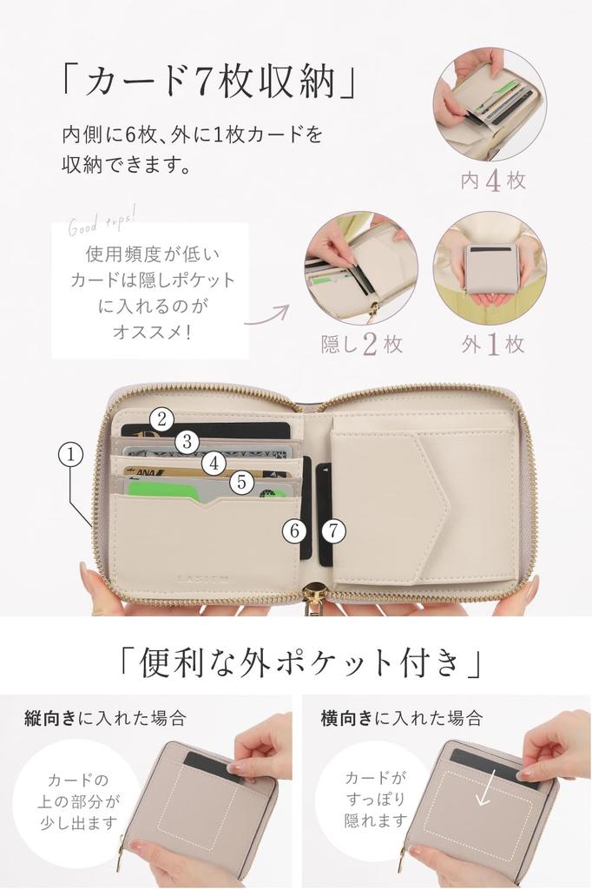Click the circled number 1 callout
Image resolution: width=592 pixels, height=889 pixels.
[71, 452]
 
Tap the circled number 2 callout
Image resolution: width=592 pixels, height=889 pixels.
[161, 419]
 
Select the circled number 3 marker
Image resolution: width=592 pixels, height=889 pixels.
[187, 442]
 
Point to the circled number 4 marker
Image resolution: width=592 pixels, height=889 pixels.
[214, 464]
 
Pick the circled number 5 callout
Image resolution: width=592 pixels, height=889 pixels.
[241, 482]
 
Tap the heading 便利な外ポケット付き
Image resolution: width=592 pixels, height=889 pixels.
[297, 663]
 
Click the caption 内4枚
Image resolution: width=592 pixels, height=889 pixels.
[493, 181]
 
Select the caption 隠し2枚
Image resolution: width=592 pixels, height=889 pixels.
[361, 344]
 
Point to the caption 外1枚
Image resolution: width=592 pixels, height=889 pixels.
[492, 344]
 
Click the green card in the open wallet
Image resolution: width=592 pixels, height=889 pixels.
[161, 491]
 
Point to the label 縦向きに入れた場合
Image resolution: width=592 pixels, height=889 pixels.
[105, 718]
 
